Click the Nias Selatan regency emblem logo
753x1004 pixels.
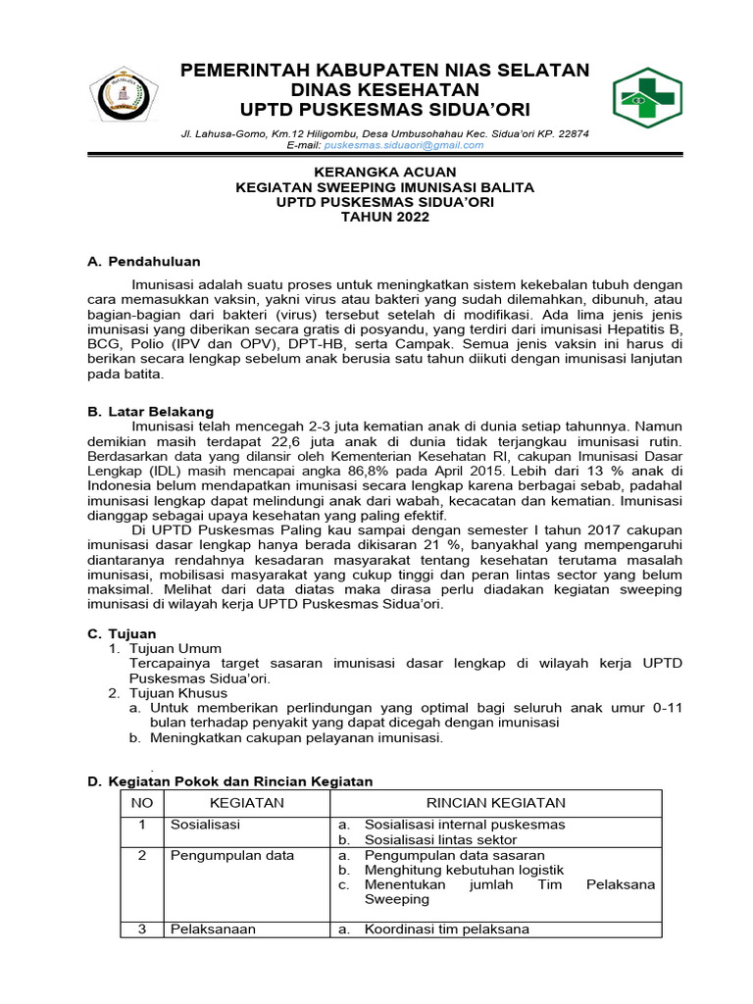123,98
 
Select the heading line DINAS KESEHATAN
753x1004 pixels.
383,88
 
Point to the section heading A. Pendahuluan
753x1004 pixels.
144,262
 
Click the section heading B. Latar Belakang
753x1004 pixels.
150,412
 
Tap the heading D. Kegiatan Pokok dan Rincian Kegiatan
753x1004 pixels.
230,780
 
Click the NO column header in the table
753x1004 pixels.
141,803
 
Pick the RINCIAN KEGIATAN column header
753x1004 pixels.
495,803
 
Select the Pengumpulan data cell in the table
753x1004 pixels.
232,855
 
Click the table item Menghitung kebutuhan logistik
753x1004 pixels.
464,870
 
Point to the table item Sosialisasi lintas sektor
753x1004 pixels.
440,840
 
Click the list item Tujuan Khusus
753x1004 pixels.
183,693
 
